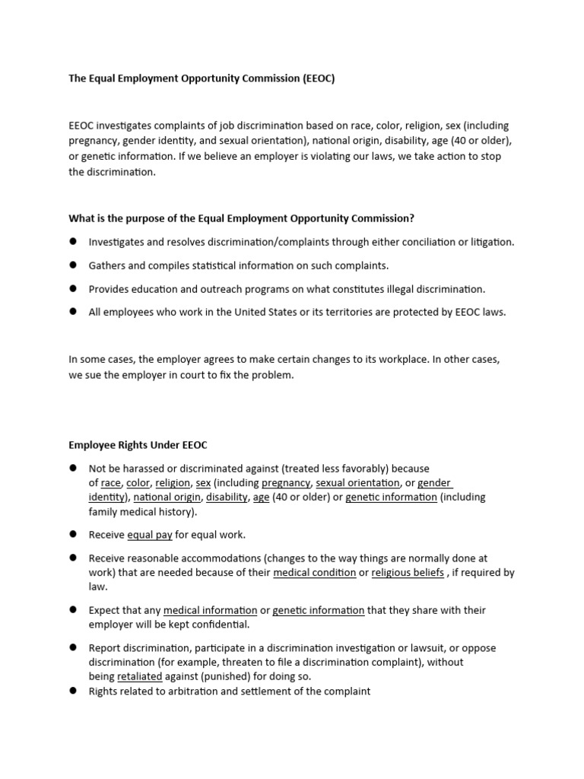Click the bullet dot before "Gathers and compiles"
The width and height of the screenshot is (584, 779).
coord(74,265)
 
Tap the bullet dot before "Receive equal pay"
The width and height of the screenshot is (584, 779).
coord(74,534)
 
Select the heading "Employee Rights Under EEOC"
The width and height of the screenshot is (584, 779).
coord(138,444)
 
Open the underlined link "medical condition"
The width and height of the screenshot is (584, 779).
coord(314,573)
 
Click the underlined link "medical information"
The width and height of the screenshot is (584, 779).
coord(210,610)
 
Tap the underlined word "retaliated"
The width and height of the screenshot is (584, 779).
coord(140,676)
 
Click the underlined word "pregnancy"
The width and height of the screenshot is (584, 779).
coord(286,483)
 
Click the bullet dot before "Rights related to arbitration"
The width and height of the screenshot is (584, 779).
coord(74,691)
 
